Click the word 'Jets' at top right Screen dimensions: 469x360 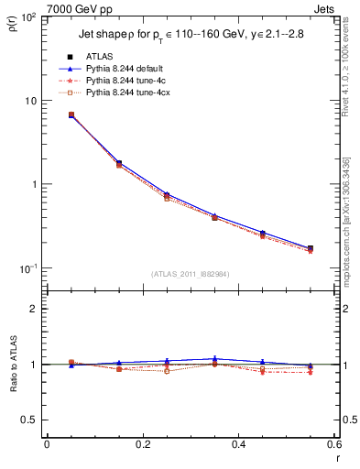[324, 9]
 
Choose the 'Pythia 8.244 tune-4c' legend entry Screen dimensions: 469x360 [128, 81]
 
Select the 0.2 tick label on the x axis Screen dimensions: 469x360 [142, 446]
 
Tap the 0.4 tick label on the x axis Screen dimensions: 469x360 [238, 446]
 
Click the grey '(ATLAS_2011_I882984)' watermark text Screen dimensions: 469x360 [191, 274]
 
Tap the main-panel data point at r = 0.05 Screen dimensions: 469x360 [71, 115]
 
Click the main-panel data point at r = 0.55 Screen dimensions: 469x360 [310, 248]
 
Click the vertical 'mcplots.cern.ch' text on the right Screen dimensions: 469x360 [348, 220]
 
